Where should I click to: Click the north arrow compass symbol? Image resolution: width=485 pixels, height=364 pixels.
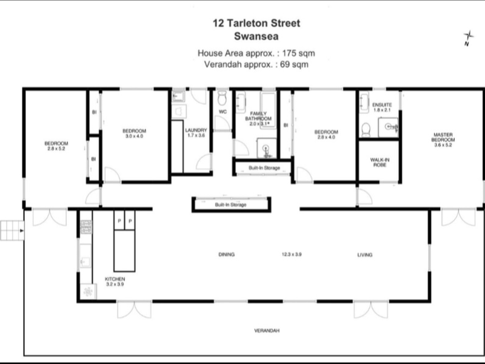pyautogui.click(x=468, y=38)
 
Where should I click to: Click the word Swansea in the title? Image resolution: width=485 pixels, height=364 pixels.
pyautogui.click(x=256, y=36)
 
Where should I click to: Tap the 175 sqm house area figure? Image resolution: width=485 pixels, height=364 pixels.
pyautogui.click(x=298, y=53)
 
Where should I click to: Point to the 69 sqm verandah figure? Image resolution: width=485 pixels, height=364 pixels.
pyautogui.click(x=294, y=64)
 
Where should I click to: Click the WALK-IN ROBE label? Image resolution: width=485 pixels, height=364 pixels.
pyautogui.click(x=380, y=163)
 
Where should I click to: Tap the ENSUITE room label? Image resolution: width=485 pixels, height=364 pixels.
pyautogui.click(x=382, y=104)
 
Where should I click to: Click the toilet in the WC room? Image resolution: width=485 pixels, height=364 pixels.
pyautogui.click(x=222, y=98)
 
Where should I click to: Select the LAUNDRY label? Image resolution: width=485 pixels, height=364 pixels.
pyautogui.click(x=196, y=130)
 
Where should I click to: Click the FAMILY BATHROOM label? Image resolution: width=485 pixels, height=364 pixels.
pyautogui.click(x=258, y=116)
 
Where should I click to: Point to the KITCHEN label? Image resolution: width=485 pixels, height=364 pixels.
pyautogui.click(x=115, y=279)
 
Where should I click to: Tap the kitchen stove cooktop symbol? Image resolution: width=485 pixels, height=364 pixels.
pyautogui.click(x=86, y=227)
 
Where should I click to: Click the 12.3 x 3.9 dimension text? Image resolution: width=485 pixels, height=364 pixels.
pyautogui.click(x=292, y=254)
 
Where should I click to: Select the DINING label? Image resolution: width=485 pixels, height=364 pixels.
pyautogui.click(x=226, y=254)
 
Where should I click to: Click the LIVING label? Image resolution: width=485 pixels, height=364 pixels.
pyautogui.click(x=365, y=255)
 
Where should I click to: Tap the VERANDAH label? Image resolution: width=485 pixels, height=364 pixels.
pyautogui.click(x=267, y=331)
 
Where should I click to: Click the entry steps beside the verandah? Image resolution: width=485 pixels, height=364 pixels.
pyautogui.click(x=12, y=231)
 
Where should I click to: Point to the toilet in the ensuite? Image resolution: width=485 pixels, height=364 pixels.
pyautogui.click(x=366, y=130)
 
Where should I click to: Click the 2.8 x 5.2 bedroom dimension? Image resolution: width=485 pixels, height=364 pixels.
pyautogui.click(x=56, y=149)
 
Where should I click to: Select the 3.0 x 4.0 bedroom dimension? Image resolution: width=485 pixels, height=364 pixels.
pyautogui.click(x=134, y=136)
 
